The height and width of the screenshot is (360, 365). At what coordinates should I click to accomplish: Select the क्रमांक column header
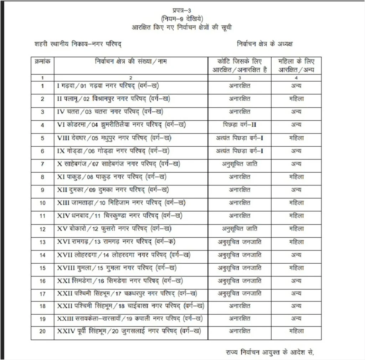pos(42,61)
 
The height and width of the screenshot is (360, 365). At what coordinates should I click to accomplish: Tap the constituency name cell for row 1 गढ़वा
pos(108,86)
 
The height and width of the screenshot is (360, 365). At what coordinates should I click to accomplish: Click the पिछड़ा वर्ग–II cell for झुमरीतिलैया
pos(239,125)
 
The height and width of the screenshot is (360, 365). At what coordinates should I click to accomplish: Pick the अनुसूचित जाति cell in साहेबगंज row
pos(239,164)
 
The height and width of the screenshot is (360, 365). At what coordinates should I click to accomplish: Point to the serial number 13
pos(42,242)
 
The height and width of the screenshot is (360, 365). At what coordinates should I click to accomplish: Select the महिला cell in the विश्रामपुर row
pos(296,99)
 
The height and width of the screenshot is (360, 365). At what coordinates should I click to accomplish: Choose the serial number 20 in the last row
pos(42,331)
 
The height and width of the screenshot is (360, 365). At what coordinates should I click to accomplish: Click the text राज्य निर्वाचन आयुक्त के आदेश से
pos(270,353)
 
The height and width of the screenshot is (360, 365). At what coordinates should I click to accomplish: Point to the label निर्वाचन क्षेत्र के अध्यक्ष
pos(265,44)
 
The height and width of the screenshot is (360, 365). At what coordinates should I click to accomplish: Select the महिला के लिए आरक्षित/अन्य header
pos(296,66)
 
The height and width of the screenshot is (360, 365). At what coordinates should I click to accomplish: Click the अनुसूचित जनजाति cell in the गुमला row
pos(239,268)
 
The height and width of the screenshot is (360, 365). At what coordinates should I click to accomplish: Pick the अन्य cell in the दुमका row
pos(296,190)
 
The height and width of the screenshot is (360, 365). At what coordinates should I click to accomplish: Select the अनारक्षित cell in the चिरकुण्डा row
pos(239,216)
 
